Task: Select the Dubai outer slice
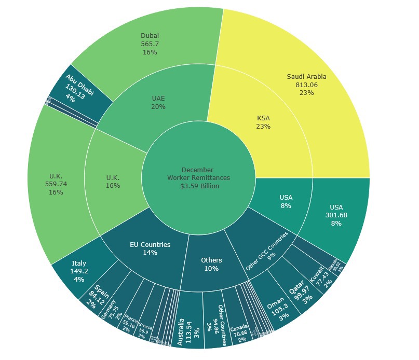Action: coord(149,44)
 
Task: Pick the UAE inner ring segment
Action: coord(158,102)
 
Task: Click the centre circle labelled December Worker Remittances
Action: coord(198,178)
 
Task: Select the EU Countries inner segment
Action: coord(150,248)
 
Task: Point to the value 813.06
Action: coord(306,85)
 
